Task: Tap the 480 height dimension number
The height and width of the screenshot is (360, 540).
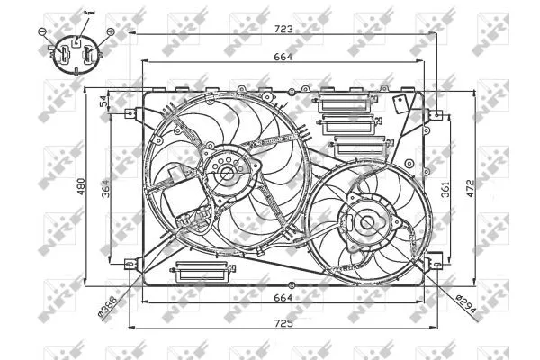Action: (x=79, y=186)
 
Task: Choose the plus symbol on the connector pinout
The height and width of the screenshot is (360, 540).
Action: (x=110, y=31)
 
